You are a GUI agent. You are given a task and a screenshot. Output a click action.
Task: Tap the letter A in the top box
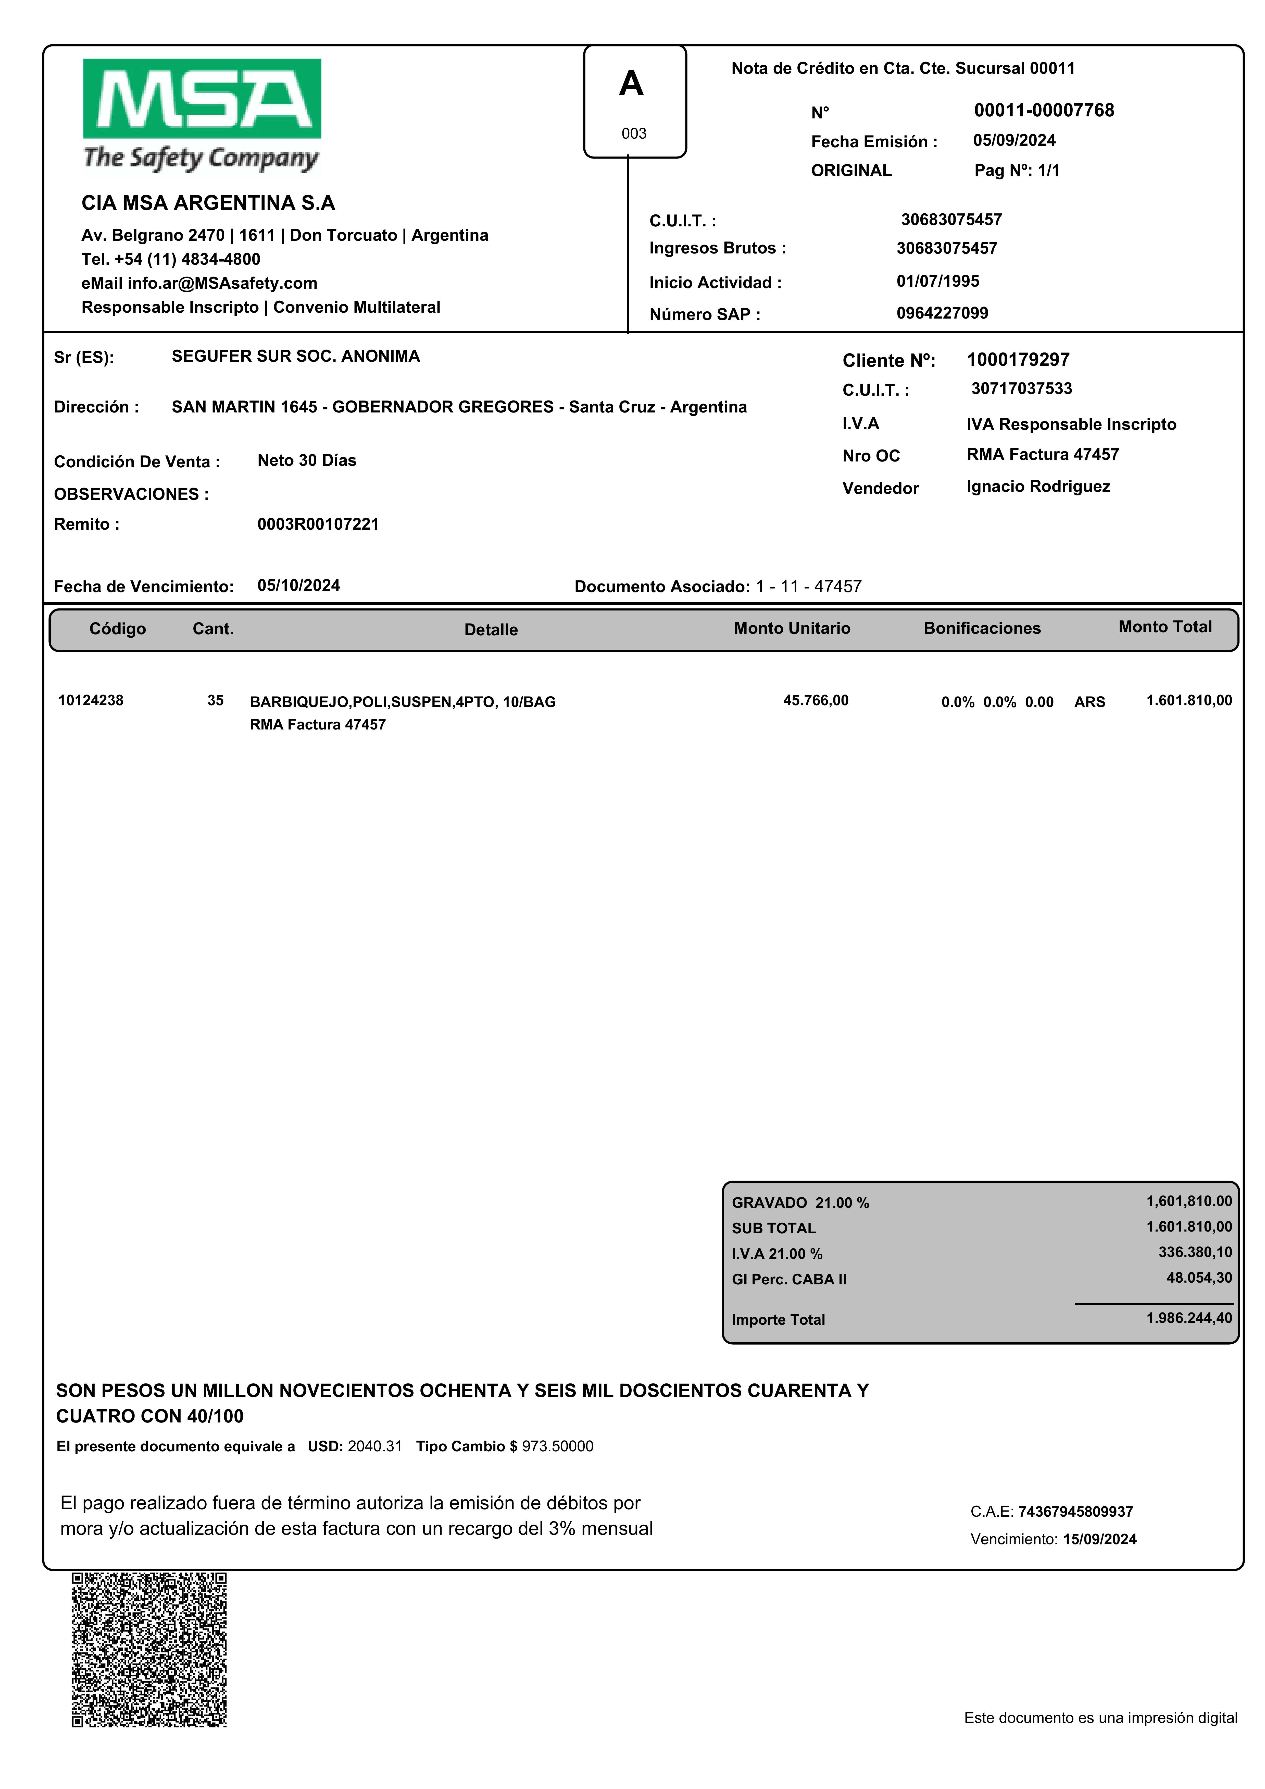[631, 83]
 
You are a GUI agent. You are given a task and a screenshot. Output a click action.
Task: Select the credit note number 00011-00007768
[1044, 111]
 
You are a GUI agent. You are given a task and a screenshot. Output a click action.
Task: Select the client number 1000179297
[1018, 360]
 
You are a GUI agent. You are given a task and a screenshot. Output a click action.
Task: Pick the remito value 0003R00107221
[318, 524]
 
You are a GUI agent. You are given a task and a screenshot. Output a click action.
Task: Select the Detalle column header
[491, 630]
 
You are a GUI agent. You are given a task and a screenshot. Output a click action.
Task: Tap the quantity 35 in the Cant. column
[216, 700]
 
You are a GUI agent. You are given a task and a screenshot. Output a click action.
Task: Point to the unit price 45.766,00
[816, 700]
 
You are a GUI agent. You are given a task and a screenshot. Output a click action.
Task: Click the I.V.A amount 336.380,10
[1195, 1252]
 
